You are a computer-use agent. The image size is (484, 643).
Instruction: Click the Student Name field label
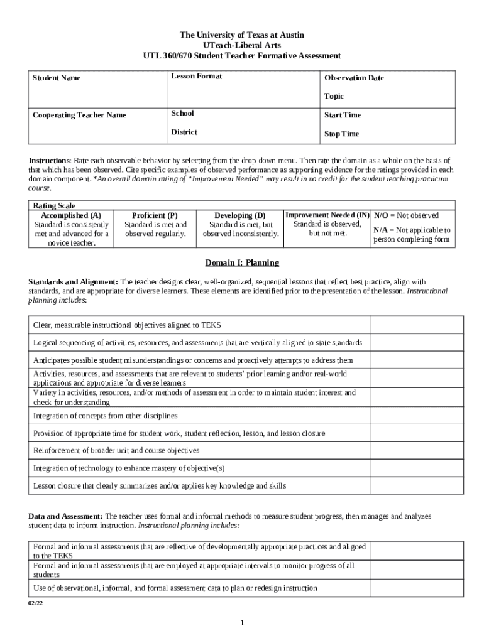(57, 78)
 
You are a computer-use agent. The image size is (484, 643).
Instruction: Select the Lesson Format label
(197, 77)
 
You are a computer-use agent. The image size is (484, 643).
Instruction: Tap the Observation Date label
(354, 78)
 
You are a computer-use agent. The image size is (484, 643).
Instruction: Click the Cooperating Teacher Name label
(79, 116)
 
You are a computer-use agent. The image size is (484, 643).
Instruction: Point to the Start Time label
(343, 116)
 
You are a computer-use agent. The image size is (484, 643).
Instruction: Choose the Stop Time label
(342, 134)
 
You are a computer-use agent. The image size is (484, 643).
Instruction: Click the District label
(184, 132)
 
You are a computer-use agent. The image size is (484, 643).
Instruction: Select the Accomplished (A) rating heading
(71, 215)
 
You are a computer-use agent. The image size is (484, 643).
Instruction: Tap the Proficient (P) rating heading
(155, 215)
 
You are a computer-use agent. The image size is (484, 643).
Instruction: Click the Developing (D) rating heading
(240, 215)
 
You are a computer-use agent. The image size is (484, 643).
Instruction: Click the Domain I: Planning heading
(242, 262)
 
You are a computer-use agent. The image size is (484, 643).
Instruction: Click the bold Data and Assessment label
(66, 516)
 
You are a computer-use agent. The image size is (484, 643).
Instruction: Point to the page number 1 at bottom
(242, 623)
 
